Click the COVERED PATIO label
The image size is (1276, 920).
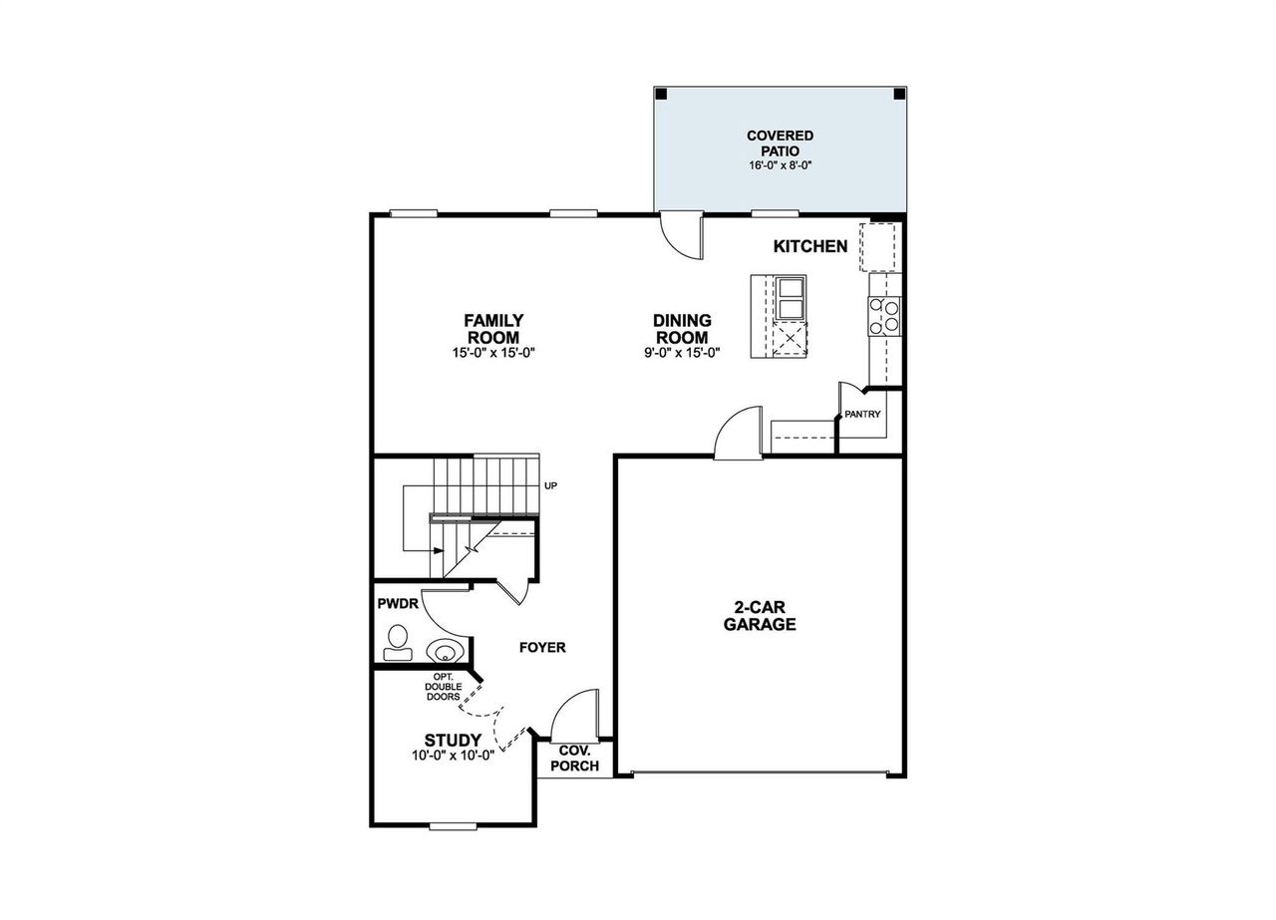[780, 143]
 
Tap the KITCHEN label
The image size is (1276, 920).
[810, 246]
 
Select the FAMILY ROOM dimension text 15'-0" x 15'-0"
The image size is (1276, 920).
[493, 352]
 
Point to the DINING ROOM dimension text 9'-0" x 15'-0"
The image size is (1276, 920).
[682, 352]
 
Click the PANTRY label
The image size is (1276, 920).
[862, 414]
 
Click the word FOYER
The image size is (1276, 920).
[542, 647]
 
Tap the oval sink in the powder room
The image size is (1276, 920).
[444, 651]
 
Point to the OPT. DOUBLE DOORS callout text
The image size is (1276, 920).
[443, 687]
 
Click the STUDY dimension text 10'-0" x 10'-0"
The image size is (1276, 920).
[454, 755]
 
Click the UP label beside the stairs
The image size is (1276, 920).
[550, 485]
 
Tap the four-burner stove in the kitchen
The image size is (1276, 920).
[884, 315]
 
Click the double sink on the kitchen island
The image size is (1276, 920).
[792, 296]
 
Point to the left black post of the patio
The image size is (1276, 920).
[661, 94]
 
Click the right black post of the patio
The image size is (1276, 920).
[898, 94]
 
